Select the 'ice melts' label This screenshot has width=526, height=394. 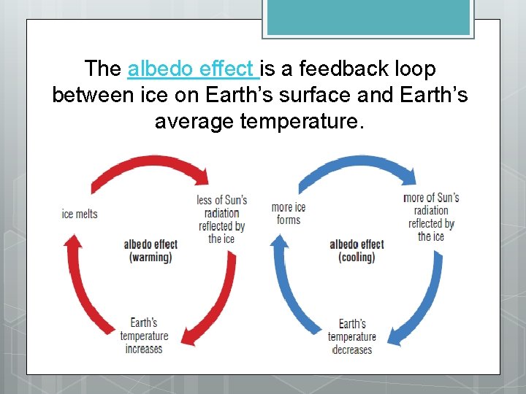80,214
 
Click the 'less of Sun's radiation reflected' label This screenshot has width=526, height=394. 221,219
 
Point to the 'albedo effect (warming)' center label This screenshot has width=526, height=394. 150,250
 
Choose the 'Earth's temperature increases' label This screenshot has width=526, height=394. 144,336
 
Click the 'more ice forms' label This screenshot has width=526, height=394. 289,213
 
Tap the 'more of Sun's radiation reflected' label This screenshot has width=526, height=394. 431,217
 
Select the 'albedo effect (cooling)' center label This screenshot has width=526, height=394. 357,250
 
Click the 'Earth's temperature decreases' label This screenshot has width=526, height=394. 351,336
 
